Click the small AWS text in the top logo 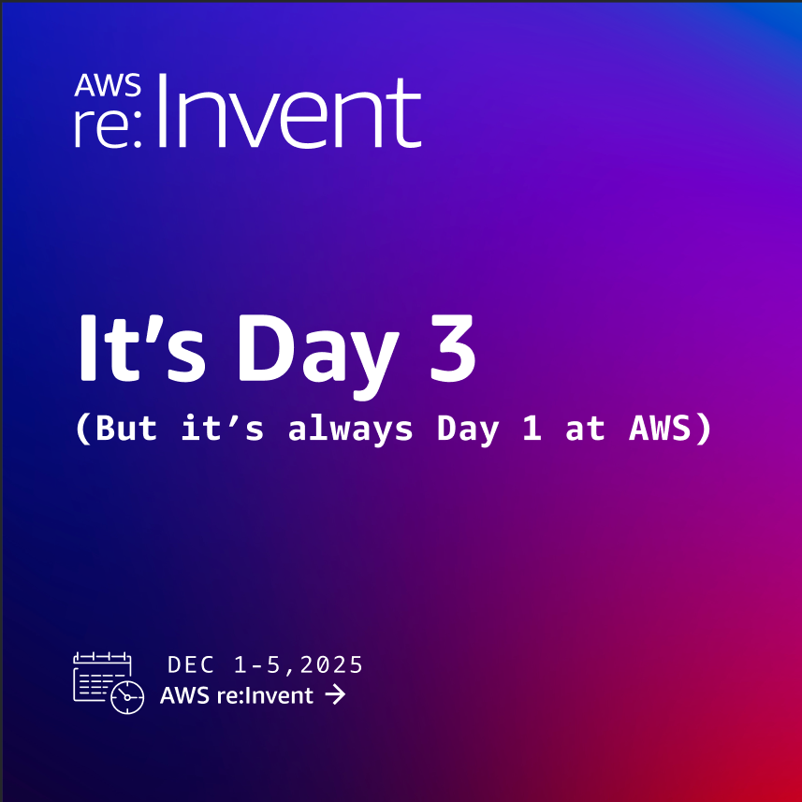(109, 87)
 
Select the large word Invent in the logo (289, 113)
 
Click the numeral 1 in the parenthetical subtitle (532, 429)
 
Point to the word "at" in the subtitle (585, 429)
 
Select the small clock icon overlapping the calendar (127, 697)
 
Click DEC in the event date (191, 665)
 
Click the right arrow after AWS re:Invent (334, 695)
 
